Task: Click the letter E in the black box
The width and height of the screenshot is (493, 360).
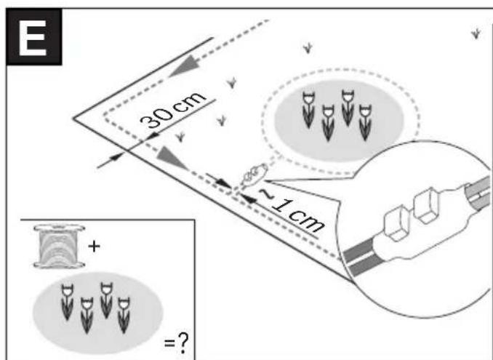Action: point(33,38)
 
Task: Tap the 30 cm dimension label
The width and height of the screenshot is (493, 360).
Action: point(172,111)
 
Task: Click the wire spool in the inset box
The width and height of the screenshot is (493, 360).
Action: point(59,247)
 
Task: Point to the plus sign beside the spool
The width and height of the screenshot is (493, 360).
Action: point(94,247)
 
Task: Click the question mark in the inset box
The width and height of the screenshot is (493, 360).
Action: point(183,344)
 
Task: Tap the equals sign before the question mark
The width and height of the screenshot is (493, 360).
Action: point(169,343)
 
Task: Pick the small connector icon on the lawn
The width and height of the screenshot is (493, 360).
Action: point(254,175)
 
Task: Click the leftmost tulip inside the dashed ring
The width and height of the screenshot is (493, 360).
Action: point(308,110)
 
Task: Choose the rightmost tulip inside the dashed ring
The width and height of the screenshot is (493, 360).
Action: point(365,123)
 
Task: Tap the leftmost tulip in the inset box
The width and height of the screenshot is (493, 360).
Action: point(67,303)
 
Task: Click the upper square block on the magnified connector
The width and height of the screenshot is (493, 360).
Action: point(426,206)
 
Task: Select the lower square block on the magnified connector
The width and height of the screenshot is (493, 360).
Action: point(397,223)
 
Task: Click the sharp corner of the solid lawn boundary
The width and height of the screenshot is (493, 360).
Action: point(73,119)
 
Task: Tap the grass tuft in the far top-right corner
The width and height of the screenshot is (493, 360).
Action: point(476,33)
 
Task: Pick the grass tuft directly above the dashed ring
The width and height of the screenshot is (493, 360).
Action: point(308,49)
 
